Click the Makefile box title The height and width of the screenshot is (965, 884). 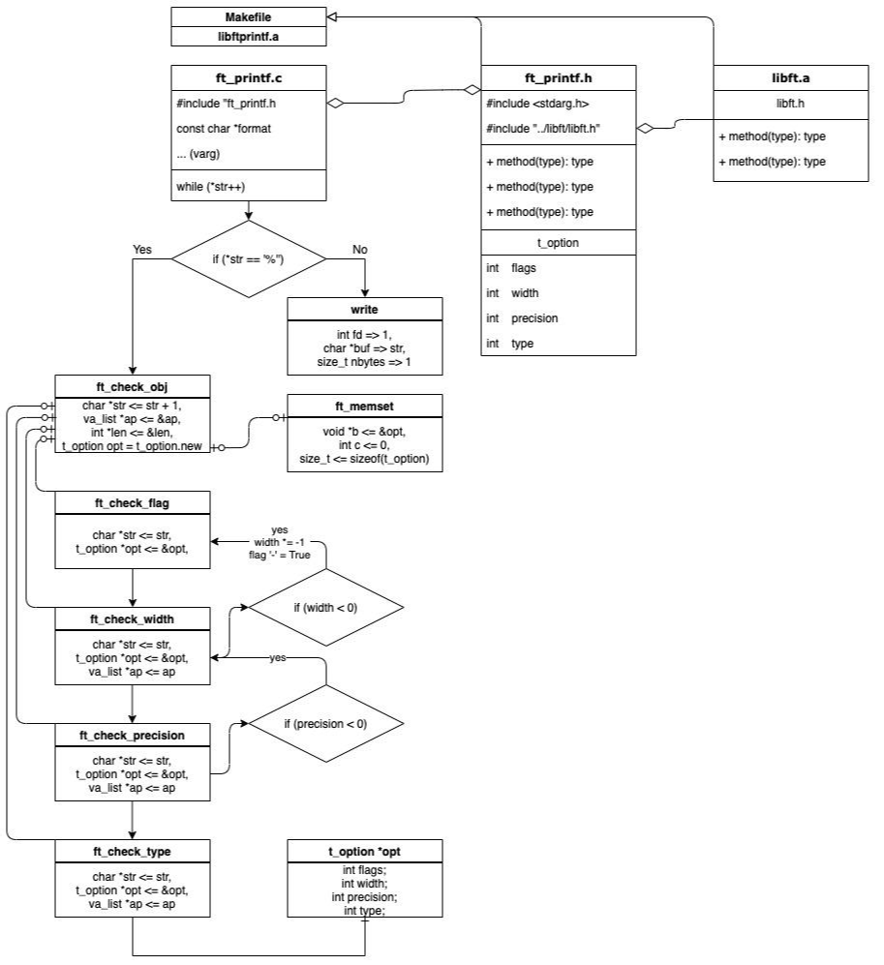(x=249, y=17)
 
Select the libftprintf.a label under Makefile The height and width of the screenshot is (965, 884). (x=249, y=37)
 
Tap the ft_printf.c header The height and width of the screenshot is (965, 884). (x=249, y=77)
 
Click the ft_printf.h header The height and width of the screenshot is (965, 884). (x=558, y=77)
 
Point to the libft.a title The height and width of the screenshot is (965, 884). (x=790, y=77)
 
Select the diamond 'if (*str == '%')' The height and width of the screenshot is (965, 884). (x=249, y=258)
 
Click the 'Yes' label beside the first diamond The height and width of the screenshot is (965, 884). (x=142, y=249)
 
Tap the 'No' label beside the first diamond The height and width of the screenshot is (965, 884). (x=359, y=249)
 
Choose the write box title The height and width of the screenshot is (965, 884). (x=365, y=309)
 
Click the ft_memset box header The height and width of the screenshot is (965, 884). (x=365, y=406)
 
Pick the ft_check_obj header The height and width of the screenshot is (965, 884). (x=133, y=386)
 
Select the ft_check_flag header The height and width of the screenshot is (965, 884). (x=133, y=502)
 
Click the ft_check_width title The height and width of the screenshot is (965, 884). (x=133, y=618)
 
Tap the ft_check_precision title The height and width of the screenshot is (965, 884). (x=133, y=735)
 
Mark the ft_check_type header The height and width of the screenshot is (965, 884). (x=133, y=851)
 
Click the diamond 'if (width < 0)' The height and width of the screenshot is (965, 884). (x=325, y=607)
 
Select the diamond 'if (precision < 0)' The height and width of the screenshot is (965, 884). (x=325, y=723)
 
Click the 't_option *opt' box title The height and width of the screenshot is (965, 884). (x=365, y=851)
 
